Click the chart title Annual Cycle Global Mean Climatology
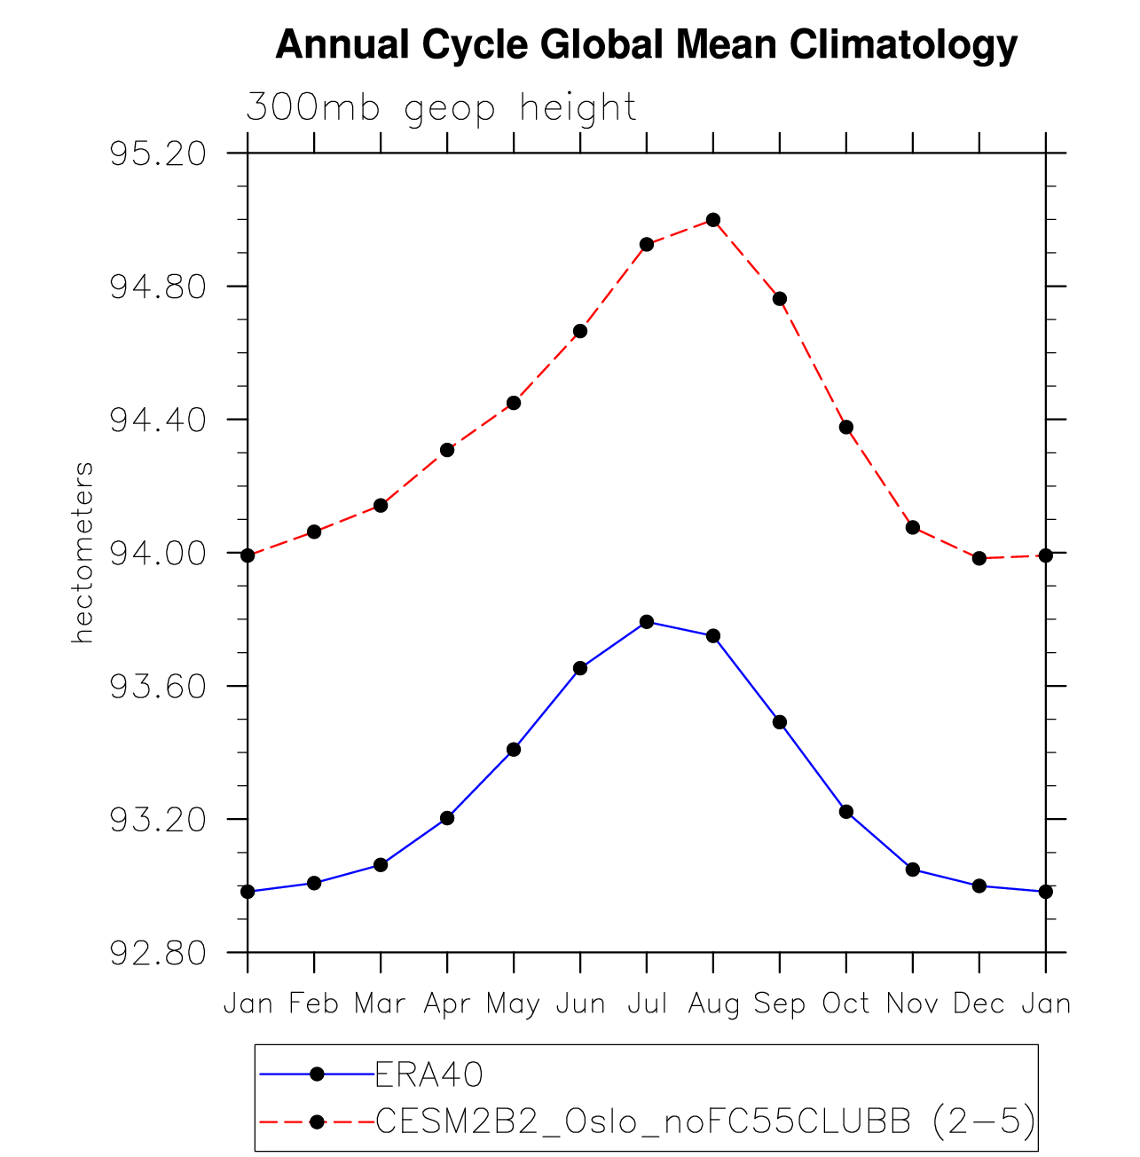[646, 44]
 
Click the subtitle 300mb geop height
[441, 107]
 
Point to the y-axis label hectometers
[83, 552]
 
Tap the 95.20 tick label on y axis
[158, 154]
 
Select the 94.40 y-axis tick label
[158, 420]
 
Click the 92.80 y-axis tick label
[158, 953]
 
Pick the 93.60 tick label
[158, 687]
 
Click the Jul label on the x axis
[647, 1004]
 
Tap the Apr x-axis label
[447, 1004]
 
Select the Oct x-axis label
[845, 1004]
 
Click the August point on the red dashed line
[713, 219]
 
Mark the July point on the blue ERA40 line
[647, 621]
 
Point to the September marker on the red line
[780, 298]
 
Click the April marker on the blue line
[447, 817]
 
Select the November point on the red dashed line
[913, 527]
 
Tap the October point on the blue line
[846, 811]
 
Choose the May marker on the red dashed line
[514, 403]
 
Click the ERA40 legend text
[429, 1074]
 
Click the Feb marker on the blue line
[314, 883]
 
